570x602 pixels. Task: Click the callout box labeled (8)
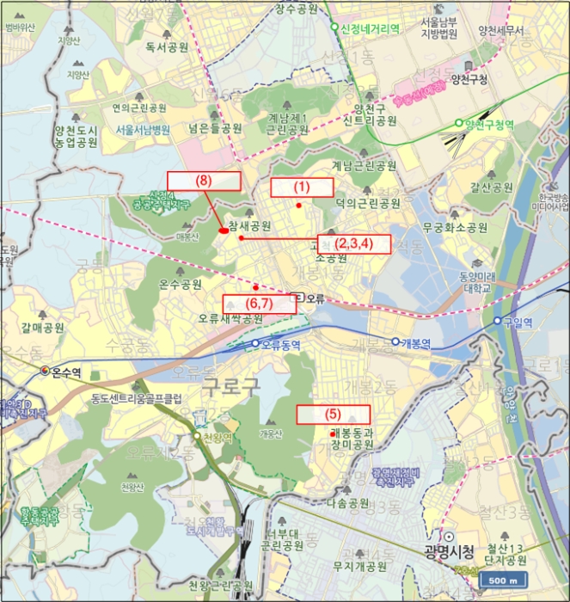(x=204, y=181)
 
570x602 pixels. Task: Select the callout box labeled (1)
(x=302, y=187)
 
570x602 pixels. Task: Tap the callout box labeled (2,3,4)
(x=353, y=243)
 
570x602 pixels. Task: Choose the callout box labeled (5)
(x=333, y=414)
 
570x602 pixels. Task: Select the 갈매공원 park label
(x=43, y=328)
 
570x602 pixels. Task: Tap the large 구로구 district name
(x=230, y=388)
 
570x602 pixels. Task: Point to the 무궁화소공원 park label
(x=455, y=229)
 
